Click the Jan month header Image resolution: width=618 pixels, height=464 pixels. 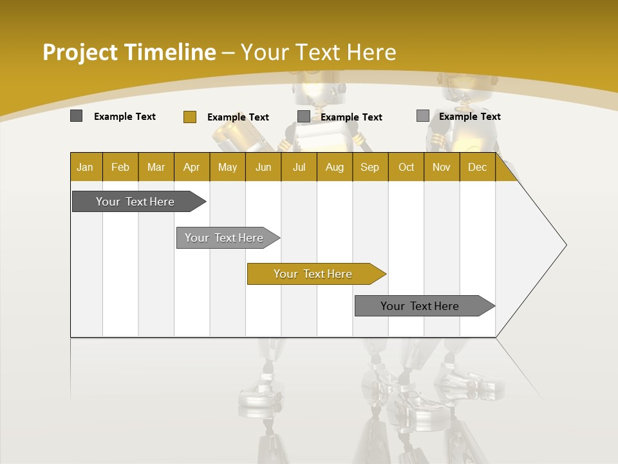click(x=86, y=167)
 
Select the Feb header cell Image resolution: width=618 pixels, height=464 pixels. click(x=120, y=167)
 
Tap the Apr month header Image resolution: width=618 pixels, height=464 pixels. click(x=192, y=167)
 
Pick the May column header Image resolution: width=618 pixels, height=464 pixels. click(x=227, y=167)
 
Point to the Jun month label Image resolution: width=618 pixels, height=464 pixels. click(x=263, y=167)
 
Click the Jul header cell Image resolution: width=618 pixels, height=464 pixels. click(x=299, y=167)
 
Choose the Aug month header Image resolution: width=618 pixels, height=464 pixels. click(x=335, y=167)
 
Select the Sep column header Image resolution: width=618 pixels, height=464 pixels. click(x=370, y=167)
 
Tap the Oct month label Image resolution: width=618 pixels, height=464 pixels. click(x=406, y=167)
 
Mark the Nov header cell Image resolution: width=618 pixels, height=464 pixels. click(x=442, y=167)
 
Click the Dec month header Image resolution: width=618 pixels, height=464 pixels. click(x=478, y=167)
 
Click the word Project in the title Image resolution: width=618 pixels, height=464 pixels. click(x=79, y=52)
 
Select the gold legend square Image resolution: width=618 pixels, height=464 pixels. click(x=189, y=117)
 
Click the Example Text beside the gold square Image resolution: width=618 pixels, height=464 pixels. click(x=238, y=117)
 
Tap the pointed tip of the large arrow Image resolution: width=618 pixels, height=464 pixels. click(x=565, y=245)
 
